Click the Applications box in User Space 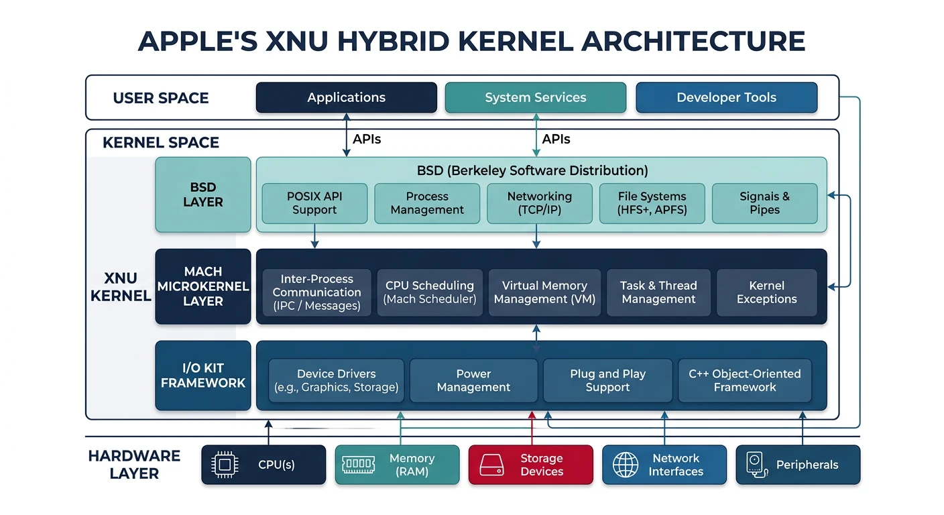[x=346, y=97]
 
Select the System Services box [x=535, y=97]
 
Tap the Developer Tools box [x=726, y=97]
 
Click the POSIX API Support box [x=314, y=203]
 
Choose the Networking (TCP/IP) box [x=539, y=203]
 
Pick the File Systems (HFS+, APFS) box [x=652, y=203]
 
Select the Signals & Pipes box [x=764, y=203]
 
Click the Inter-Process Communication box [x=316, y=292]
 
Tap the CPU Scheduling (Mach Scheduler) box [x=430, y=292]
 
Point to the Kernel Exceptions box [x=766, y=292]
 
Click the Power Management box [x=473, y=380]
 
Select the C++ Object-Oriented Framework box [x=744, y=380]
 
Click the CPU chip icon [x=224, y=465]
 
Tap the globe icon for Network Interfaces [x=626, y=465]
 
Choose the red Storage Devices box [x=530, y=465]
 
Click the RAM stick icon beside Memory [x=358, y=465]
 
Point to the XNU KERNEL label [x=121, y=287]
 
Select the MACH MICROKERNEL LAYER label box [x=202, y=286]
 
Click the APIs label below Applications [x=367, y=139]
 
